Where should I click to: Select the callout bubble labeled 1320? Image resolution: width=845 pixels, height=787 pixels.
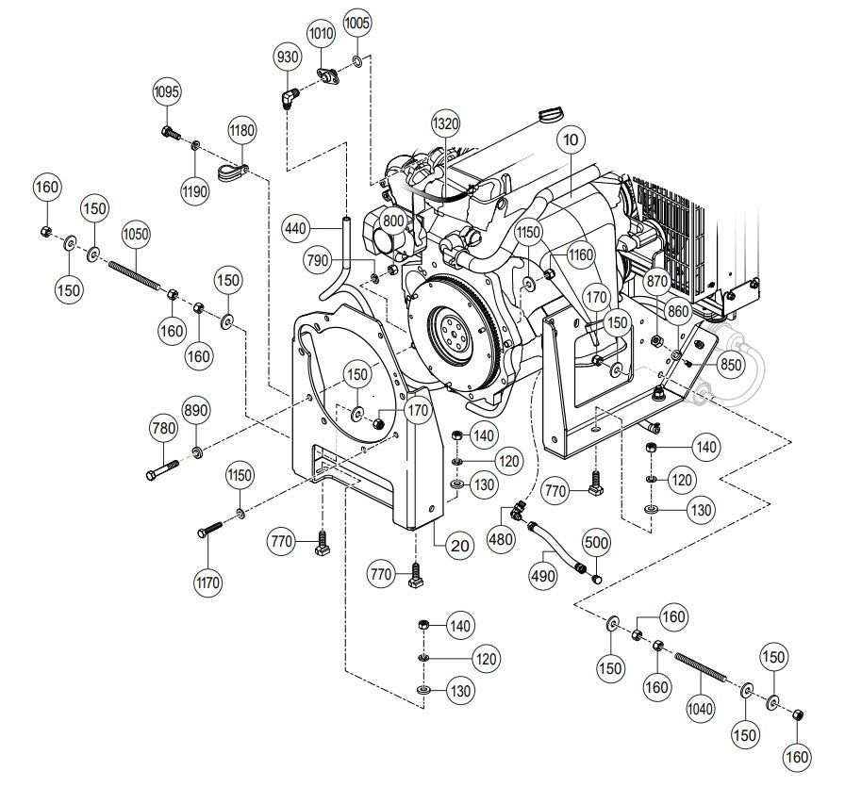coord(445,123)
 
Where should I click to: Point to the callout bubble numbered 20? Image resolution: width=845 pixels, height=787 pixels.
coord(460,543)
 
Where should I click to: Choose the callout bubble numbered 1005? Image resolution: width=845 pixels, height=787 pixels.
coord(356,22)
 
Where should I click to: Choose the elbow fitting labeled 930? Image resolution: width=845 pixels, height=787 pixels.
coord(290,97)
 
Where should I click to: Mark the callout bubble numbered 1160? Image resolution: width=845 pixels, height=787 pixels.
coord(582,254)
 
